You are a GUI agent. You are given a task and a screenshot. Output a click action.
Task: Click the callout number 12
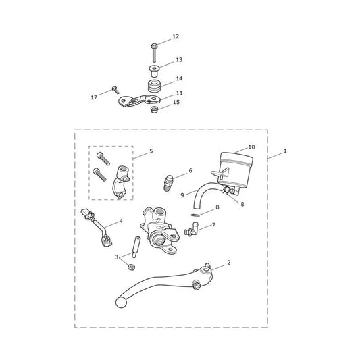[176, 36]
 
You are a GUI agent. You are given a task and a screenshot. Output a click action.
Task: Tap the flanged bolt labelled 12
[154, 53]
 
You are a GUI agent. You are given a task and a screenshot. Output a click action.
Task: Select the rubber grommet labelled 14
[154, 86]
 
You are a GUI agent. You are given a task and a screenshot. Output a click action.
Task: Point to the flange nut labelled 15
[153, 109]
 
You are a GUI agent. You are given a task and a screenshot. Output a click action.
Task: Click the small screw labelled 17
[115, 90]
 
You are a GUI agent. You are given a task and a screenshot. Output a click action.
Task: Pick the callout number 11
[179, 93]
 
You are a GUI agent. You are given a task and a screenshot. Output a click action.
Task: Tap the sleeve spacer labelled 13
[154, 71]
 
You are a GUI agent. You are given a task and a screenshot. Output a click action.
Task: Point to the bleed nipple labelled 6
[168, 182]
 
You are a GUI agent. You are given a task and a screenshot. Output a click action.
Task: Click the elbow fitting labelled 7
[191, 229]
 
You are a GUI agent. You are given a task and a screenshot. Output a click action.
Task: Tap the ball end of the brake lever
[121, 303]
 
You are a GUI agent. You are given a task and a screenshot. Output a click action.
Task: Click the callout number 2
[229, 263]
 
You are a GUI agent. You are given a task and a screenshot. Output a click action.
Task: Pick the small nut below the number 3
[131, 267]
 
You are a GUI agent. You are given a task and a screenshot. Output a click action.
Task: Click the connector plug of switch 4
[86, 213]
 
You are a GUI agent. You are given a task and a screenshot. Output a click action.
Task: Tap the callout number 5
[151, 151]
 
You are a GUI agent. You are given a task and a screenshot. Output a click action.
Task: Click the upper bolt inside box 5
[103, 159]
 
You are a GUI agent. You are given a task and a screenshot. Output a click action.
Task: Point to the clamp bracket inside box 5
[121, 182]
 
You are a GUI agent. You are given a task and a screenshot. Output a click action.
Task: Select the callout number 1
[285, 151]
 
